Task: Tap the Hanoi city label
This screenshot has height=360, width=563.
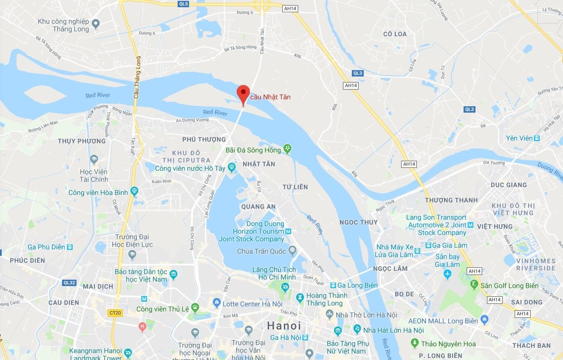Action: pos(284,326)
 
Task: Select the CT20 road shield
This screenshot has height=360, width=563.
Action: pos(115,313)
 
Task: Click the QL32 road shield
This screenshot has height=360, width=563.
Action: pos(69,282)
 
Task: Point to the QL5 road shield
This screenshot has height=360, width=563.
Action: pos(184,4)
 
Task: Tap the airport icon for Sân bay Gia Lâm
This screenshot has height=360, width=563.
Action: pos(447,275)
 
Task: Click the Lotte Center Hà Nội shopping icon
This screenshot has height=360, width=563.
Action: pos(217,303)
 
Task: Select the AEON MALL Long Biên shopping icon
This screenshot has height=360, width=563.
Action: pos(484,320)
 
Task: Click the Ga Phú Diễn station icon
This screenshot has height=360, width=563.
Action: pos(70,247)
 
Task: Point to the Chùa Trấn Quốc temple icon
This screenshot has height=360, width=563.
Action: pos(292,250)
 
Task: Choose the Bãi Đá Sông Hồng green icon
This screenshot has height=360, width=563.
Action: pos(287,149)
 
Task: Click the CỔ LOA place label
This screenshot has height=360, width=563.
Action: pos(395,34)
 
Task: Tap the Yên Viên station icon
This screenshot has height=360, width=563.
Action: pos(537,138)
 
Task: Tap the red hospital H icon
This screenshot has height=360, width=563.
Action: pos(142,326)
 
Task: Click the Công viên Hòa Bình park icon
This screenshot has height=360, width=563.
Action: pos(134,191)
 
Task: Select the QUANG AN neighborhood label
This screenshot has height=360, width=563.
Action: pos(258,207)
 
